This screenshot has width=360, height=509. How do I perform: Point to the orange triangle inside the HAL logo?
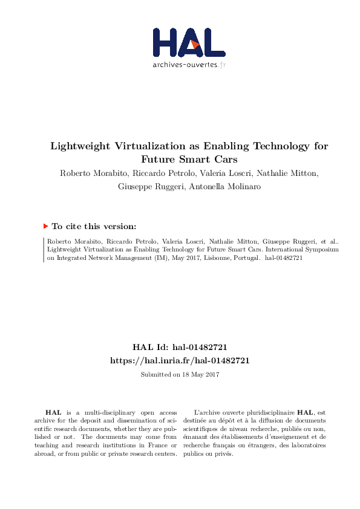click(x=195, y=44)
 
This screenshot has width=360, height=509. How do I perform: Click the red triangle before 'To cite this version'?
click(x=45, y=226)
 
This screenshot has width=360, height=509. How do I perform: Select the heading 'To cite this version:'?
click(x=94, y=226)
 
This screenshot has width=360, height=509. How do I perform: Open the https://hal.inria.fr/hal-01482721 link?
click(x=180, y=360)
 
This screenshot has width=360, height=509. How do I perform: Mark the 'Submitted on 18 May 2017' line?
click(x=180, y=375)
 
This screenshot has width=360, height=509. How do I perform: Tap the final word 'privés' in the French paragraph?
click(x=223, y=454)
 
